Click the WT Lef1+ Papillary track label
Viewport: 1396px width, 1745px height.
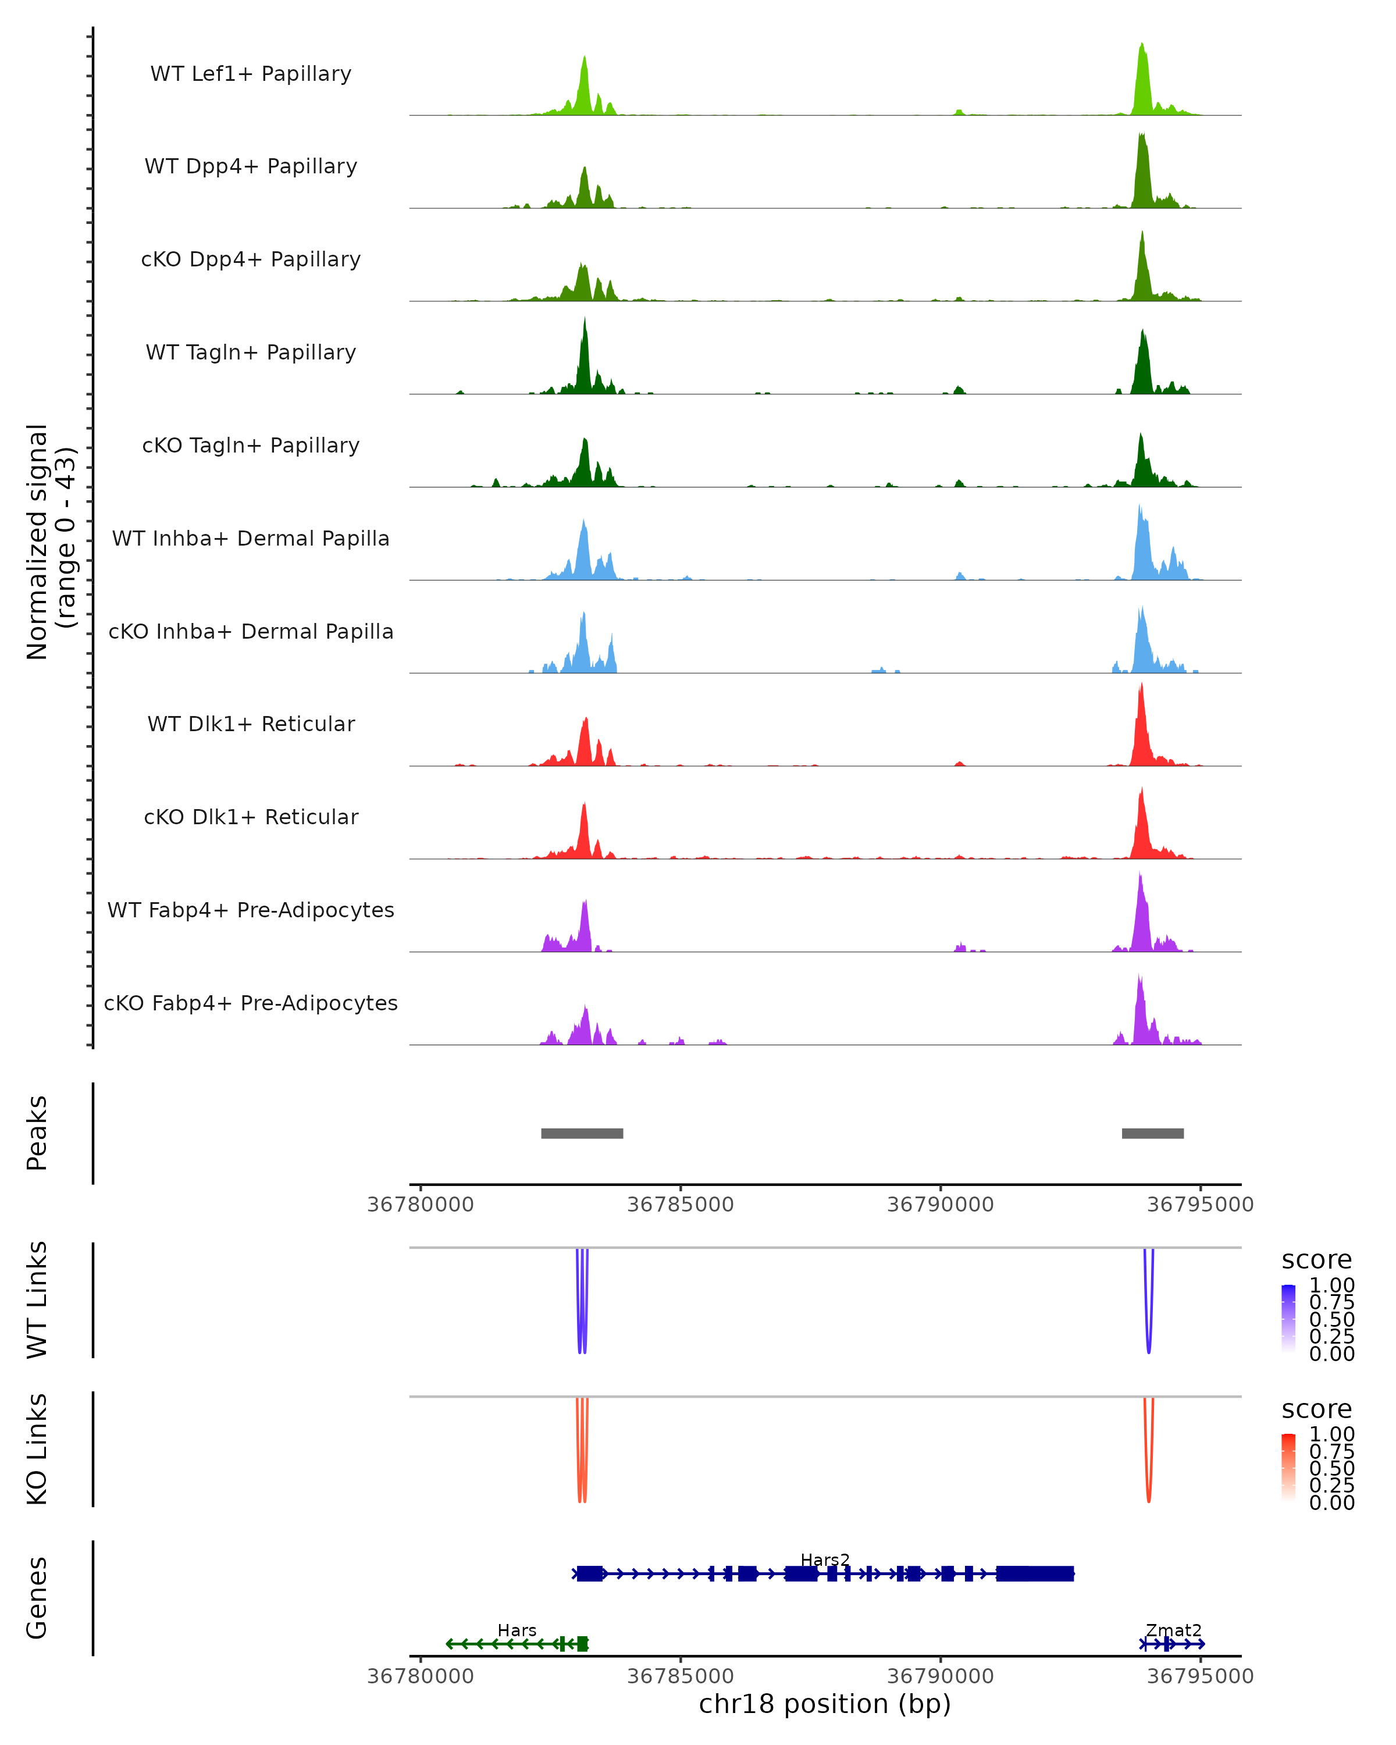[251, 74]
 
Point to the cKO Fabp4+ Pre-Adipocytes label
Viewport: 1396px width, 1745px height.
[251, 1003]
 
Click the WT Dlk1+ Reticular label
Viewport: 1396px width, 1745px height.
[251, 724]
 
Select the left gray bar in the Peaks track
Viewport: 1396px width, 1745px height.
[582, 1133]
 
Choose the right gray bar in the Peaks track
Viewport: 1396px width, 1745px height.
[1152, 1133]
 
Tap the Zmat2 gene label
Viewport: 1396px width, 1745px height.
[1173, 1630]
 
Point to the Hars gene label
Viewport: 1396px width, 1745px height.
[517, 1630]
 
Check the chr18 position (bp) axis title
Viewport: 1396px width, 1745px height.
[825, 1704]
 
